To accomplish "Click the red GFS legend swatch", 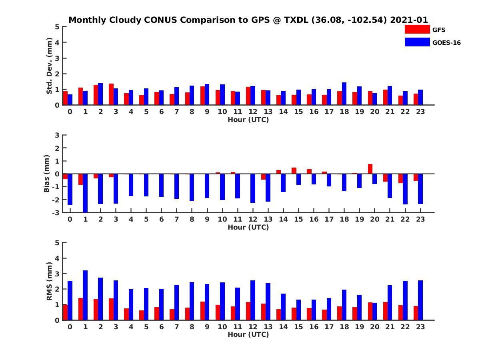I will (x=417, y=30).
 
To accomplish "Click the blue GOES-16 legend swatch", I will (x=417, y=42).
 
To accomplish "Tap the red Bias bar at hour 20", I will (x=370, y=169).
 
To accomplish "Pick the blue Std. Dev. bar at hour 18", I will (x=344, y=94).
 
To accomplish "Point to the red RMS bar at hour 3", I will (x=111, y=309).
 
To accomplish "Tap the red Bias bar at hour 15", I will (x=294, y=171).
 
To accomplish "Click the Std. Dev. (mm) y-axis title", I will (x=49, y=66).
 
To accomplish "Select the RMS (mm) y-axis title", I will (x=49, y=281).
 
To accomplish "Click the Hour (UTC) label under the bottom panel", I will (x=248, y=334).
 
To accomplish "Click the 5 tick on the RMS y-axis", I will (x=58, y=243).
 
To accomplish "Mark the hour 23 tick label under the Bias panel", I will (x=420, y=220).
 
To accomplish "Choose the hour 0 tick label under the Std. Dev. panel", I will (x=70, y=112).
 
